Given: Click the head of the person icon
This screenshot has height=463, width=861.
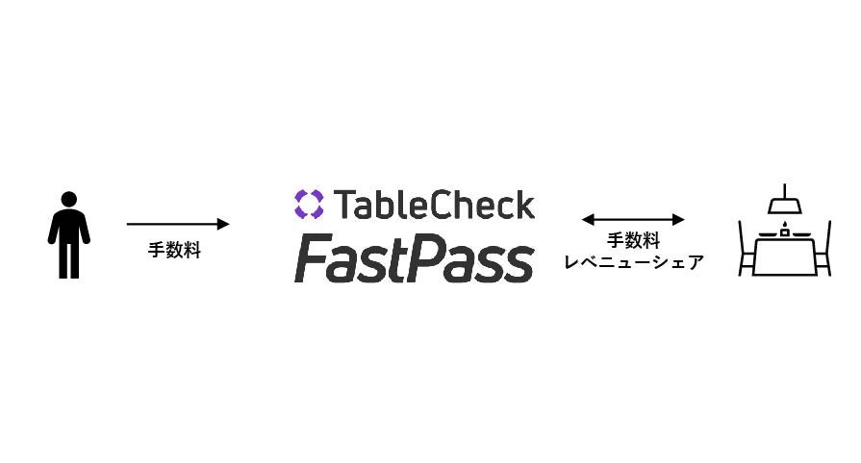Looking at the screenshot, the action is [x=69, y=200].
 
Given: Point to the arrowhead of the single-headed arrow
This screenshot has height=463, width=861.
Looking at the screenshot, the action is [x=224, y=224].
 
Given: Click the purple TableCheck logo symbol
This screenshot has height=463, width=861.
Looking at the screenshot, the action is [x=309, y=204].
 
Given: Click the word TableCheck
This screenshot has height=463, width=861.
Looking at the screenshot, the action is [x=433, y=205].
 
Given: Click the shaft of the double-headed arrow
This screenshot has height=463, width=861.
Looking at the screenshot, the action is [x=633, y=220].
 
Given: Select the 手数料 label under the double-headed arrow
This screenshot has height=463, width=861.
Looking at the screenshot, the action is [x=633, y=241].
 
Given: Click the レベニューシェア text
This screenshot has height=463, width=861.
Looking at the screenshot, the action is [x=633, y=262].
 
